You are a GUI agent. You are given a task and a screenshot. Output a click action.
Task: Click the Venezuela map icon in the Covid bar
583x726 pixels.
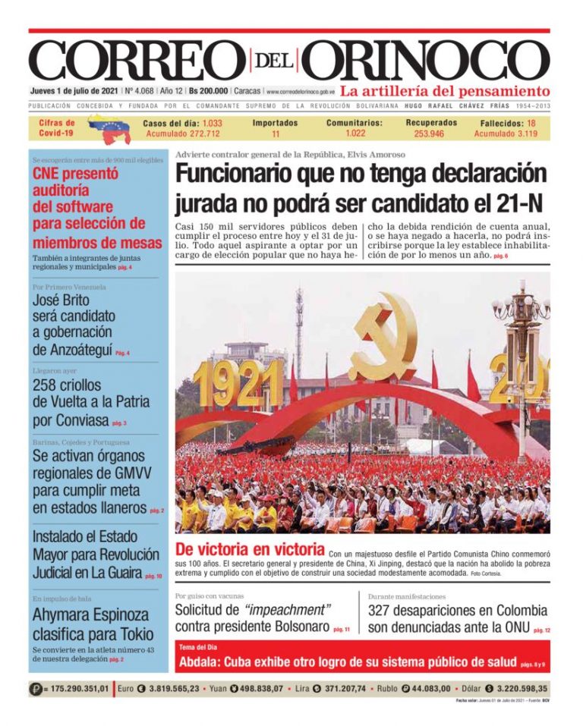(x=109, y=128)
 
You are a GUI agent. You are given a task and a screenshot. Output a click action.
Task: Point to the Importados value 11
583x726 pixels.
(x=276, y=134)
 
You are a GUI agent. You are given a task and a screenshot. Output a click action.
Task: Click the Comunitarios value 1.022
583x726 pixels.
(x=355, y=134)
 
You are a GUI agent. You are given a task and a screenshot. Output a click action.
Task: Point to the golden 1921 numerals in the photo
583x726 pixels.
(x=237, y=383)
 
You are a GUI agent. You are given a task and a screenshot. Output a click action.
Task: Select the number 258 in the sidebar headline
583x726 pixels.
(x=46, y=385)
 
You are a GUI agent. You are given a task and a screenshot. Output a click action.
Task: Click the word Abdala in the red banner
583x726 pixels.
(x=201, y=662)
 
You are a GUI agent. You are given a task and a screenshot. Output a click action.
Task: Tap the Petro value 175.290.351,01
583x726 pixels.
(x=79, y=689)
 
